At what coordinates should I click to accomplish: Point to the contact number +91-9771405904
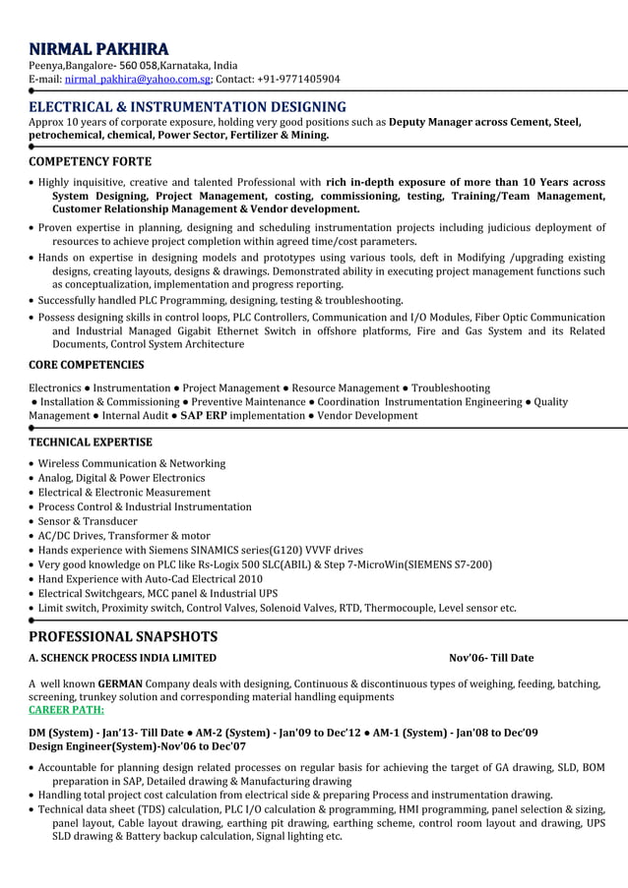(x=300, y=80)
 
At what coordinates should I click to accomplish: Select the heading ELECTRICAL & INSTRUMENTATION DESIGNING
(x=187, y=106)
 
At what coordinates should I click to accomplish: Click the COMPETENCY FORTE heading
(x=90, y=161)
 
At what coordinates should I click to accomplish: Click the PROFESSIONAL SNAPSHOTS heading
(x=123, y=636)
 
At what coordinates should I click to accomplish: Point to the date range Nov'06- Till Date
(x=491, y=658)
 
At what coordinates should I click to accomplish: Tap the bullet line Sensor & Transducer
(x=88, y=521)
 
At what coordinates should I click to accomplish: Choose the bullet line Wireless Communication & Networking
(x=132, y=463)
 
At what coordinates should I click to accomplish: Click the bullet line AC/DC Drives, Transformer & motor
(x=124, y=536)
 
